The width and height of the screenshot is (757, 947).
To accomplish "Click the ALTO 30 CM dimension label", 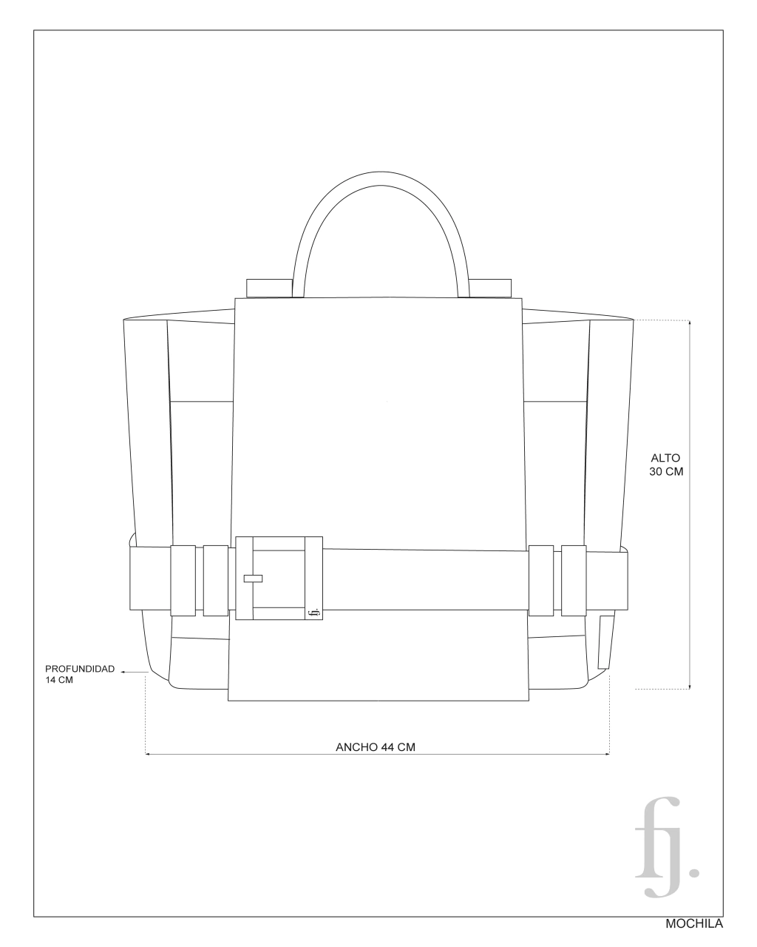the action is coord(666,465).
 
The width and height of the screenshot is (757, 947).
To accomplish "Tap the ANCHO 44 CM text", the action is coord(376,747).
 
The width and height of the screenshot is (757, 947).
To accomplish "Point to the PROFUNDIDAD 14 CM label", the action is coord(80,674).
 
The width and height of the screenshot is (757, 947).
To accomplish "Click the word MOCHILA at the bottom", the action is coord(694,924).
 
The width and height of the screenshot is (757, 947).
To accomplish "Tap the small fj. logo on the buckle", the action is coord(313,612).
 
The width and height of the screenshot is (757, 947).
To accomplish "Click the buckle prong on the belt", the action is coord(253,579).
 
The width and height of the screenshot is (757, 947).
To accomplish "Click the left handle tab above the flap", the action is coord(269,288).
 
